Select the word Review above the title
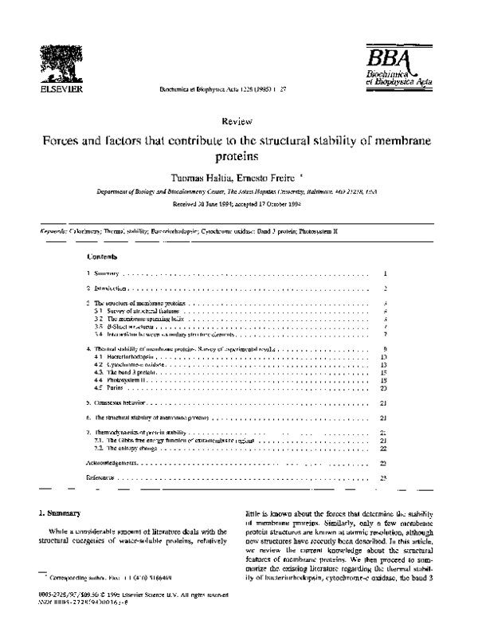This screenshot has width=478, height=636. point(239,122)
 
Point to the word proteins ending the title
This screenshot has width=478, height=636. point(239,157)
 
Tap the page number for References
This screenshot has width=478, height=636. point(384,477)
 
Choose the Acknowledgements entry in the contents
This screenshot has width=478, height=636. point(112,461)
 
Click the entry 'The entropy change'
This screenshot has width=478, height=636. point(122,447)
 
